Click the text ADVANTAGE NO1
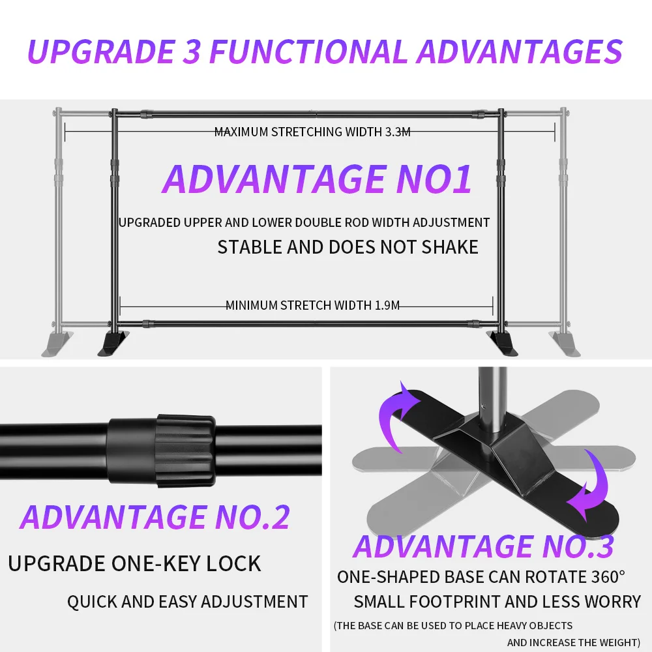click(317, 179)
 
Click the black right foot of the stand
click(503, 344)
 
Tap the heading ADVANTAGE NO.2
click(155, 517)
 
